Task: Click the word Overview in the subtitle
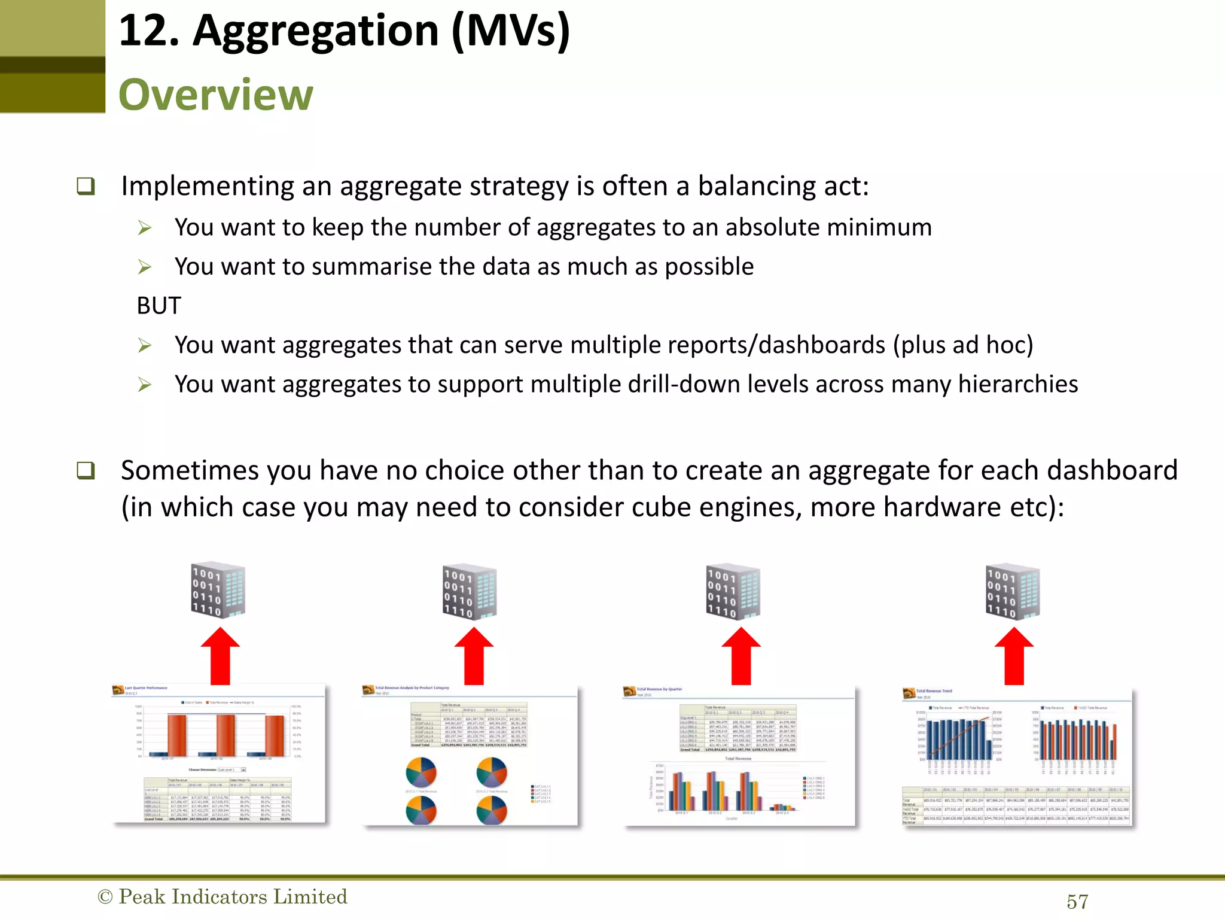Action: click(x=215, y=95)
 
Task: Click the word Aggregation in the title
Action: click(x=315, y=31)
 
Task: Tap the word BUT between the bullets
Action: click(x=159, y=306)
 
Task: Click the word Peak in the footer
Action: click(x=142, y=897)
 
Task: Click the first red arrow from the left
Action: click(x=220, y=656)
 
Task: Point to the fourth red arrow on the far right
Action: click(x=1014, y=656)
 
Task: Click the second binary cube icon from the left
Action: click(x=470, y=591)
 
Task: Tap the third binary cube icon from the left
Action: click(x=733, y=591)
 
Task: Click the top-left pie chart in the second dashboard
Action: click(x=421, y=772)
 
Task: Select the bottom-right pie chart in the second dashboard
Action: click(x=492, y=811)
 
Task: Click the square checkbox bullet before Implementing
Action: click(x=86, y=186)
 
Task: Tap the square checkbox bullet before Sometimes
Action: click(x=86, y=470)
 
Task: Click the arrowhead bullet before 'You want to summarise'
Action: click(x=144, y=267)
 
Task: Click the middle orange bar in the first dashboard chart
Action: click(x=226, y=735)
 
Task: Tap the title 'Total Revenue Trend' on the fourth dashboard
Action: click(x=934, y=691)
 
